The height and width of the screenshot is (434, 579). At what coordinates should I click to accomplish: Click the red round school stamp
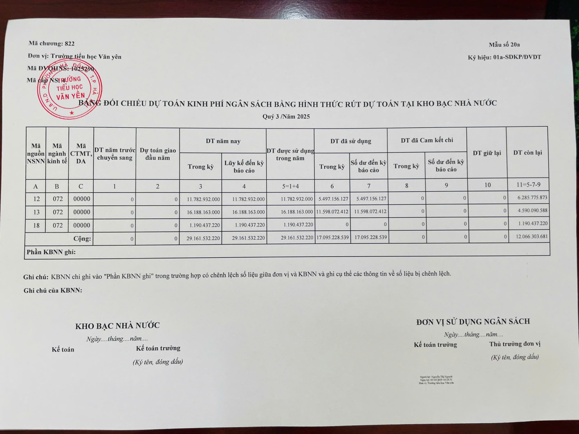69,90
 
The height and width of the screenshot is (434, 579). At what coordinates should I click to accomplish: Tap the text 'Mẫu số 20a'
504,45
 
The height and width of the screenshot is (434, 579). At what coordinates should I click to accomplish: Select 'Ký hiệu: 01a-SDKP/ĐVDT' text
504,57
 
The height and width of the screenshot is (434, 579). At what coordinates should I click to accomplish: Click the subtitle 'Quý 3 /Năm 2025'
286,117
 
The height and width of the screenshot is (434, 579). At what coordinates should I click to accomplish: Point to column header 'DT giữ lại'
487,153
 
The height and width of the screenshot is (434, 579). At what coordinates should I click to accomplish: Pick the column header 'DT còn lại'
527,153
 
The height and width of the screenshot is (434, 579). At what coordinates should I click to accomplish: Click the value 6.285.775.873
532,198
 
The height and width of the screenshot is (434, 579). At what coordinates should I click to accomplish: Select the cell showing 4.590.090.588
532,211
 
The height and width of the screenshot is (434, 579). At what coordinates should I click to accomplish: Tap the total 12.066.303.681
532,236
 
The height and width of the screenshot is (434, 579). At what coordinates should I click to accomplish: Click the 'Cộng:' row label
82,238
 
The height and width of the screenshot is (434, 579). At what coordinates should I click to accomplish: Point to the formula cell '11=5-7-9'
528,185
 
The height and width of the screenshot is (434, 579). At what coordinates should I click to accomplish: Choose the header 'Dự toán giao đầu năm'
157,154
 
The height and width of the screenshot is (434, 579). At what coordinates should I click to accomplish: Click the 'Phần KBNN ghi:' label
51,252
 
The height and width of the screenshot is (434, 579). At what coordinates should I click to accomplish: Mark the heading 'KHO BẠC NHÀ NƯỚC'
117,326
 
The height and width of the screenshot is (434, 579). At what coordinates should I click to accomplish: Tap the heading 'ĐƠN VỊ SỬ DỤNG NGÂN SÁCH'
473,322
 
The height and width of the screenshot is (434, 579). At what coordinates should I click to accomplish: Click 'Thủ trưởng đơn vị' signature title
515,344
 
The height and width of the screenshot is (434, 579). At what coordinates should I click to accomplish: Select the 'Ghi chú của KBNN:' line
53,290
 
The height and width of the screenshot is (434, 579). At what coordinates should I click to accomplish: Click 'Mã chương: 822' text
51,44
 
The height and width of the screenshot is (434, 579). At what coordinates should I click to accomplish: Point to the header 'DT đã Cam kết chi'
427,140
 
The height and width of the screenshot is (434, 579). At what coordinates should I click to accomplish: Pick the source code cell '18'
36,225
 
